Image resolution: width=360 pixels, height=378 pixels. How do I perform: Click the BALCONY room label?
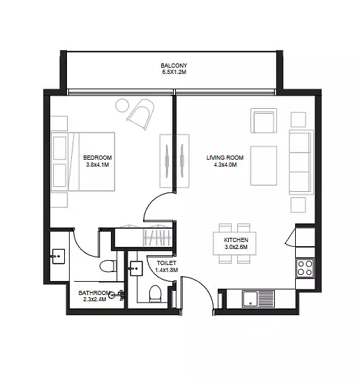pos(174,66)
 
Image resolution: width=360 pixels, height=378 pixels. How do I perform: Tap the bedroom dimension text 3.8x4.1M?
pos(98,165)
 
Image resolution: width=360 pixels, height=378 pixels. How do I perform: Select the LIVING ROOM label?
pos(225,158)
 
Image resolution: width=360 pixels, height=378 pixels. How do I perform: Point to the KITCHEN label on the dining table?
pos(236,240)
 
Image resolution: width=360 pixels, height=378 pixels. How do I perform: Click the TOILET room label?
pos(166,263)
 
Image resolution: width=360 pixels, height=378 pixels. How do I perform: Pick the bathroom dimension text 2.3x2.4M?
pos(95,299)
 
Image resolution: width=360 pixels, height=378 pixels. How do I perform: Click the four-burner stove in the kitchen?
pos(305,268)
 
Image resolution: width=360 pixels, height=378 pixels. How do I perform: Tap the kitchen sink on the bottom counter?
pos(258,298)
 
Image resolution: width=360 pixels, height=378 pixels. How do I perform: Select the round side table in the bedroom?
pos(122,105)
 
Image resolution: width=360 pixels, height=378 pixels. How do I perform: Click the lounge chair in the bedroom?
pos(141,114)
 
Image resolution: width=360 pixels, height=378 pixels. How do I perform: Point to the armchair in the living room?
pos(264,121)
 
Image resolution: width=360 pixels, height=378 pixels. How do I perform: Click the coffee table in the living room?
pos(264,165)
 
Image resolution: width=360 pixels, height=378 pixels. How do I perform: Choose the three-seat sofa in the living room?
pos(301,162)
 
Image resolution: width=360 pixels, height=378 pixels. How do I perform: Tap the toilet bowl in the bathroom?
pos(108,266)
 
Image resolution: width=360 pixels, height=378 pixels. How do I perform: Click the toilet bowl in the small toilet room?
pos(155,294)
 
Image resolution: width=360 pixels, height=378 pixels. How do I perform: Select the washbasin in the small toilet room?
pos(136,269)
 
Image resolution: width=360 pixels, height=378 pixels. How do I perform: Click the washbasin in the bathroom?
pos(58,256)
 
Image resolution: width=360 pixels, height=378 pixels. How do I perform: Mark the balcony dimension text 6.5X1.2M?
pos(174,72)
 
